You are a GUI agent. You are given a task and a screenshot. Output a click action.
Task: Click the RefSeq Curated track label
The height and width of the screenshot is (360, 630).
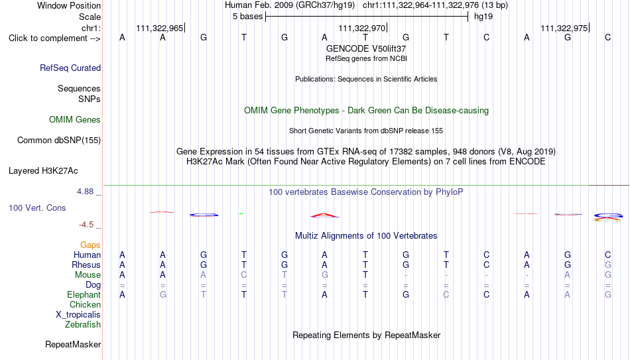tap(70, 68)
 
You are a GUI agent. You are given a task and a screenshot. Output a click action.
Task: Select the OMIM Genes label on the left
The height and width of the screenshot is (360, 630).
tap(75, 120)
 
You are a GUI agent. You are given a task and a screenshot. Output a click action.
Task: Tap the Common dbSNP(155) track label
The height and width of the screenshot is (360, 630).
tap(59, 141)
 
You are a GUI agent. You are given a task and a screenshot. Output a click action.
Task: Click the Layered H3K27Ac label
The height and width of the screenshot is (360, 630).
tap(43, 171)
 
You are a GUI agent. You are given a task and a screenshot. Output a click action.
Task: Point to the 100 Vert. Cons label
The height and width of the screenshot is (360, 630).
tap(37, 208)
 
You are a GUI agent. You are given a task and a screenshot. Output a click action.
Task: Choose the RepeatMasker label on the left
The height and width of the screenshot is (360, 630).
tap(73, 344)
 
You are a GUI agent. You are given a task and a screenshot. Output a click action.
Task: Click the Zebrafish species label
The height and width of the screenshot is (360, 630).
tap(83, 324)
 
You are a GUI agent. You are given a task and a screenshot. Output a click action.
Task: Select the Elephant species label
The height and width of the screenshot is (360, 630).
tap(84, 294)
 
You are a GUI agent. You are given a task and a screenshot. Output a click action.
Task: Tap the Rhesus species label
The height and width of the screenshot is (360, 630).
tap(86, 265)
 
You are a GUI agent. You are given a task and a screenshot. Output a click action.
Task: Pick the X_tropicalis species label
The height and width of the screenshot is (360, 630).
tap(78, 315)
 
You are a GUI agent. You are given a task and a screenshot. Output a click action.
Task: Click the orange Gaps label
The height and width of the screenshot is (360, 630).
tap(90, 245)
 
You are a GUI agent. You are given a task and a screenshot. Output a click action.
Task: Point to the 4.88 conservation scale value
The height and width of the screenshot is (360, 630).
tap(85, 191)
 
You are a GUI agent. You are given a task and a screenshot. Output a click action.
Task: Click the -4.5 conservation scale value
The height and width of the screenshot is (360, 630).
tap(86, 225)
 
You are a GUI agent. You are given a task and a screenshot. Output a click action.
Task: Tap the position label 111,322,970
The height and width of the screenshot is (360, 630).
tap(362, 28)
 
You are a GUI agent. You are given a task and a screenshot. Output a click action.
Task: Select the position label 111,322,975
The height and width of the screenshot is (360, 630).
tap(564, 28)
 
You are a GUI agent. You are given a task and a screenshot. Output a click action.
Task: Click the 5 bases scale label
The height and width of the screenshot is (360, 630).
tap(247, 17)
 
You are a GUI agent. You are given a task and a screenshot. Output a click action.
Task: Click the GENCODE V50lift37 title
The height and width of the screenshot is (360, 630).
tap(366, 48)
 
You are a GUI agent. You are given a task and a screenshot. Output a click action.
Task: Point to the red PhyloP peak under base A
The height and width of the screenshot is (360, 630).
tap(325, 215)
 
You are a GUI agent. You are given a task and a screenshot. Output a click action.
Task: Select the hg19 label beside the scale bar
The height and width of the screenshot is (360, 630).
tap(483, 17)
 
